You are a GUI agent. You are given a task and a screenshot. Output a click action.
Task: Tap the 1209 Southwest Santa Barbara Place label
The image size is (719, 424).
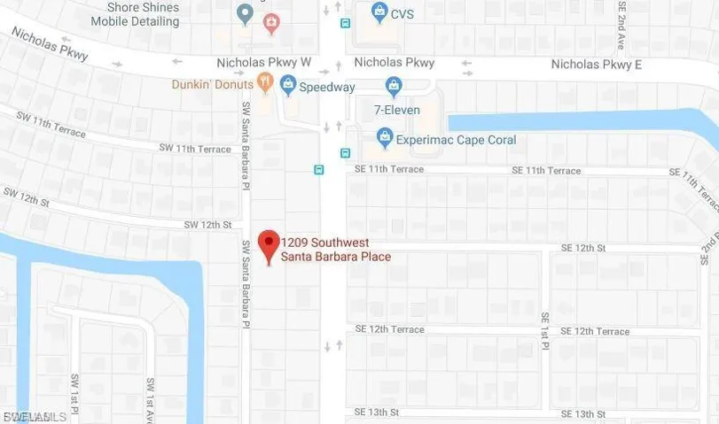(337, 250)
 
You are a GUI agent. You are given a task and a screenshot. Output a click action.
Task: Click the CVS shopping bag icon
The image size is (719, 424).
(379, 12)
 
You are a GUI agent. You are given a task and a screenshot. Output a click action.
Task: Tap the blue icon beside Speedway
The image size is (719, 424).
(286, 86)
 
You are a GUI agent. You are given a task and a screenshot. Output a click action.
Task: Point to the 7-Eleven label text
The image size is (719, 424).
(396, 111)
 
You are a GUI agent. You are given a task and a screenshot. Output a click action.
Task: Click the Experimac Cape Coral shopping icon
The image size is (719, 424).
(384, 138)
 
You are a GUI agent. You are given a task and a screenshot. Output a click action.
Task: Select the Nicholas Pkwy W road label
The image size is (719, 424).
(263, 64)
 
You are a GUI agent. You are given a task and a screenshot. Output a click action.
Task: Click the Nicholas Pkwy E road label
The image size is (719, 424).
(596, 65)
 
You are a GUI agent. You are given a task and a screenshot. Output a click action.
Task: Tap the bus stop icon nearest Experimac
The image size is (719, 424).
(346, 152)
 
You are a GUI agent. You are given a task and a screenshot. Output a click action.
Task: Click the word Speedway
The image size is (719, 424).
(328, 87)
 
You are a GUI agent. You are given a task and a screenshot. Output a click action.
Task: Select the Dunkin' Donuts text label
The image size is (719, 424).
(213, 85)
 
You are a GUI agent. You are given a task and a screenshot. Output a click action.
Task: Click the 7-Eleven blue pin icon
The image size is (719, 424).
(395, 86)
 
